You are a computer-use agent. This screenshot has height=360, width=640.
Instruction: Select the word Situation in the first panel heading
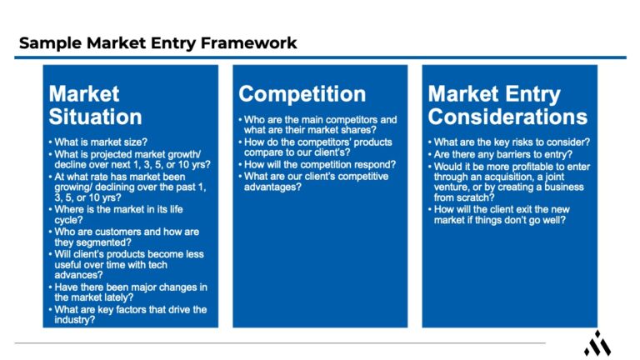coord(95,117)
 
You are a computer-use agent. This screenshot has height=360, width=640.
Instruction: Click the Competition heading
coord(302,93)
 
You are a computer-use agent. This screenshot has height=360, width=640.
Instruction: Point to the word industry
coord(75,319)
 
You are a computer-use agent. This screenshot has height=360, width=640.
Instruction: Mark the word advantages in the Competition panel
coord(272,187)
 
